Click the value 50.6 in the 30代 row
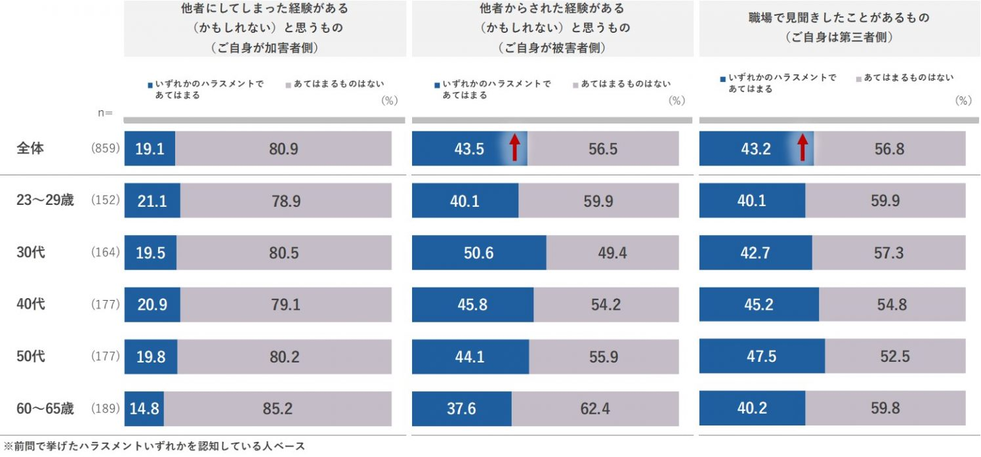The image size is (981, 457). pyautogui.click(x=478, y=253)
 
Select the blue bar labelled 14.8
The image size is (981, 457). pyautogui.click(x=144, y=408)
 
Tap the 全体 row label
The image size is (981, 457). pyautogui.click(x=30, y=148)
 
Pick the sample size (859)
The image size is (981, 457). pyautogui.click(x=105, y=149)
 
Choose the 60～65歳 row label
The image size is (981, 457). pyautogui.click(x=45, y=408)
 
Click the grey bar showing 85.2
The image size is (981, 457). pyautogui.click(x=278, y=408)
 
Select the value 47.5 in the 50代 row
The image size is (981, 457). pyautogui.click(x=762, y=356)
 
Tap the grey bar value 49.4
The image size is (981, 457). pyautogui.click(x=612, y=253)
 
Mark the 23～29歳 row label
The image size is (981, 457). pyautogui.click(x=45, y=200)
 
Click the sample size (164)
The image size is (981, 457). pyautogui.click(x=105, y=253)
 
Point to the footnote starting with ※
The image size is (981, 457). pyautogui.click(x=154, y=446)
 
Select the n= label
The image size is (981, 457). pyautogui.click(x=105, y=113)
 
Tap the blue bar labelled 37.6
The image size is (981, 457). pyautogui.click(x=461, y=408)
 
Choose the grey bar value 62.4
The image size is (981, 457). pyautogui.click(x=595, y=408)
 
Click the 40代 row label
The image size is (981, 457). pyautogui.click(x=30, y=305)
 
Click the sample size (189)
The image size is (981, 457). pyautogui.click(x=105, y=408)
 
